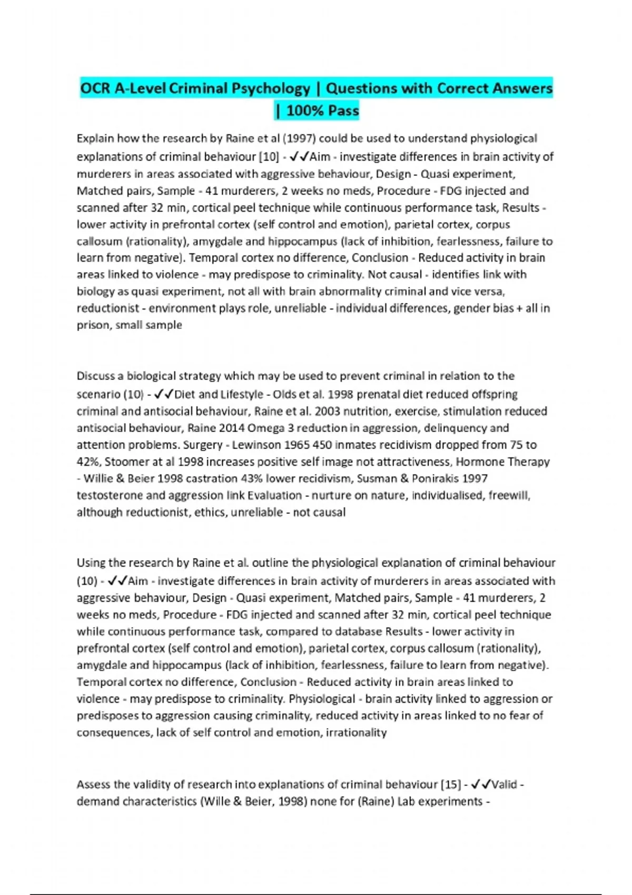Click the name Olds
coord(284,394)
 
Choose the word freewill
coord(509,495)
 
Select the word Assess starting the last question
coord(94,784)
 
